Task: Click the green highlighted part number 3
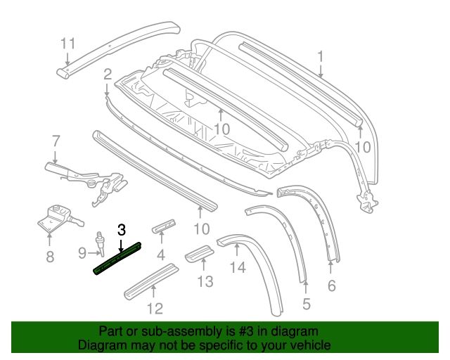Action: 117,258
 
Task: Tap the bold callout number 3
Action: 122,230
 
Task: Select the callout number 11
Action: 68,44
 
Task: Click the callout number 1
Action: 320,56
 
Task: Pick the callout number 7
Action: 56,141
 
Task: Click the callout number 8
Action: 50,257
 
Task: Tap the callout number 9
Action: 82,253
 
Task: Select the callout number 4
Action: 161,255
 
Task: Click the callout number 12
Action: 155,309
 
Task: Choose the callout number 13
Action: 205,281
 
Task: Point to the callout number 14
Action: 238,267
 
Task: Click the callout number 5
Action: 307,304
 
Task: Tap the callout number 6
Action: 331,285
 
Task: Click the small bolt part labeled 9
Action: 101,243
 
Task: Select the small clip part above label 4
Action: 164,226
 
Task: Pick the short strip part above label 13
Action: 200,253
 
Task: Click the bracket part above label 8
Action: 59,219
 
